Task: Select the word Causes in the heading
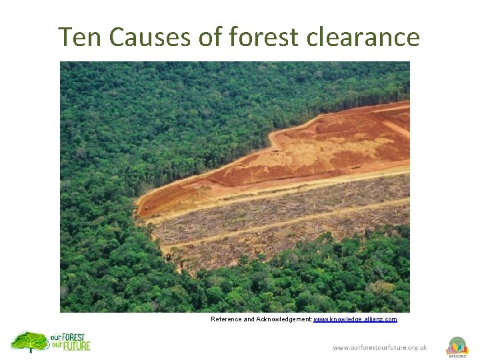pyautogui.click(x=150, y=37)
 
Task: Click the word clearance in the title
pyautogui.click(x=363, y=37)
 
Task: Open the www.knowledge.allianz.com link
pyautogui.click(x=355, y=319)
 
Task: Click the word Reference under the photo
pyautogui.click(x=227, y=319)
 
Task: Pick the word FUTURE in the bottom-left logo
pyautogui.click(x=77, y=347)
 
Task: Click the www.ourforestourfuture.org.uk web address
pyautogui.click(x=380, y=347)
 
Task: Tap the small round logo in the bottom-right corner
pyautogui.click(x=457, y=346)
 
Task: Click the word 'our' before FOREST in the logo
pyautogui.click(x=56, y=338)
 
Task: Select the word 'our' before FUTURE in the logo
pyautogui.click(x=57, y=347)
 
